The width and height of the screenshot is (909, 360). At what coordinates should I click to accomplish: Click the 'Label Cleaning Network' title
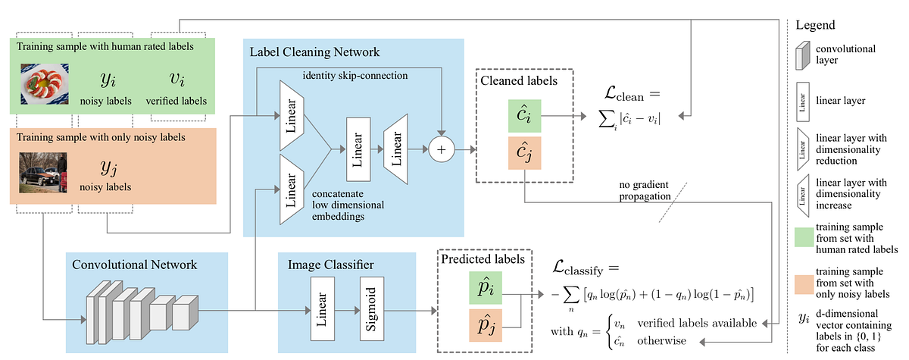(x=314, y=52)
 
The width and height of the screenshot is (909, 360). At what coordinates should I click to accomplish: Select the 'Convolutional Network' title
(x=134, y=265)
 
